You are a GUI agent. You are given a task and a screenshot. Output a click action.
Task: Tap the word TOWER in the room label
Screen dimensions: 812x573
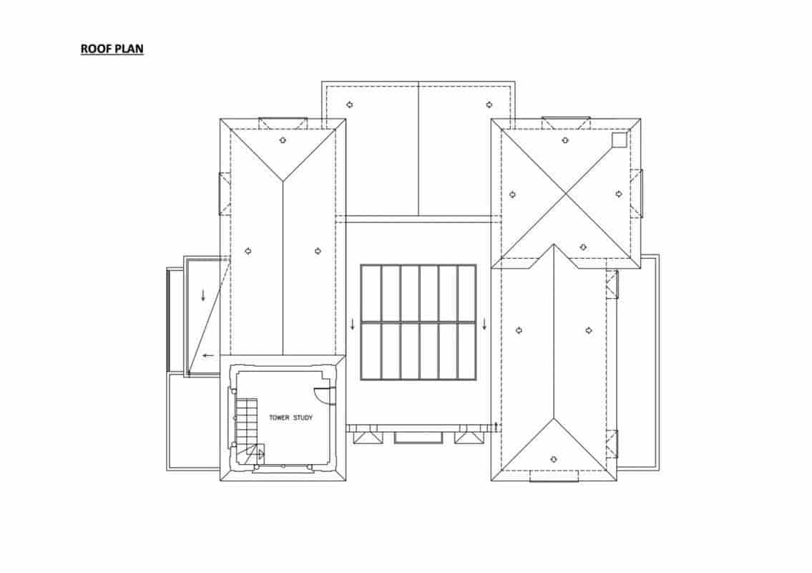[279, 418]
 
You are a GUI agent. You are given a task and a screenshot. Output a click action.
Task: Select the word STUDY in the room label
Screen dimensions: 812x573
[303, 418]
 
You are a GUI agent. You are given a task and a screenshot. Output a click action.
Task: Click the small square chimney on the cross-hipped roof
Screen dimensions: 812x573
[620, 140]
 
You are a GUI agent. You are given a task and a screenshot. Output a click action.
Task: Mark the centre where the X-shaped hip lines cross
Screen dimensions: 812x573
[565, 194]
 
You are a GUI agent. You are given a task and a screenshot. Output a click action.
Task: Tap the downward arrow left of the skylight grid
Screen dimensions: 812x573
[353, 324]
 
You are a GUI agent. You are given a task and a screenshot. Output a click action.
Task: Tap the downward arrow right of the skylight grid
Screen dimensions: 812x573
[485, 324]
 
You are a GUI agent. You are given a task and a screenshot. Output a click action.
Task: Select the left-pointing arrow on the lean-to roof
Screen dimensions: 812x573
[208, 355]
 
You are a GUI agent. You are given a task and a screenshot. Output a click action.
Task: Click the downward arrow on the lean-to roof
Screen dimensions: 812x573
[203, 295]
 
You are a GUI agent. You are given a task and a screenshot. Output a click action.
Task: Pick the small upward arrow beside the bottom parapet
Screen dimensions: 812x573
[497, 428]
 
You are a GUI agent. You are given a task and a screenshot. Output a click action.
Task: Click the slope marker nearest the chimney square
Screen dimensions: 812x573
[565, 140]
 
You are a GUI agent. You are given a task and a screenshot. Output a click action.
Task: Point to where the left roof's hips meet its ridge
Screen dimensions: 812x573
[283, 181]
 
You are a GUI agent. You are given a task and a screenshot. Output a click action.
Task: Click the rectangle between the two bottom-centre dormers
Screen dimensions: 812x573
[419, 438]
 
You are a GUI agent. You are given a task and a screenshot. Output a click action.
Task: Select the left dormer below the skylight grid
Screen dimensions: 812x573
[368, 435]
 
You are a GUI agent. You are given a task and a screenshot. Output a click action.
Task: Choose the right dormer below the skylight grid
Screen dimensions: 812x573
[469, 435]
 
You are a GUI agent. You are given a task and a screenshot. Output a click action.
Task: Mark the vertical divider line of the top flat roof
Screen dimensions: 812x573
[419, 148]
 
